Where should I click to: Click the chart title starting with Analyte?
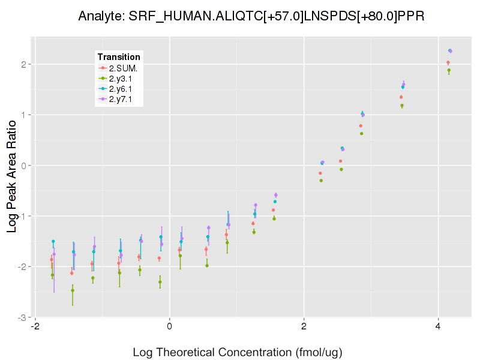(252, 16)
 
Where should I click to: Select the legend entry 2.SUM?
(123, 68)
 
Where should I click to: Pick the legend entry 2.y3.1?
(123, 78)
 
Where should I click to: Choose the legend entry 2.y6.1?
(123, 89)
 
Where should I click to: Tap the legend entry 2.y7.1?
(123, 99)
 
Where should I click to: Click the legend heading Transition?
(119, 57)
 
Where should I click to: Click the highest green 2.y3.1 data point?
(449, 70)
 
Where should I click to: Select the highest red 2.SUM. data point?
(448, 62)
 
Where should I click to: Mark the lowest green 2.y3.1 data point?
(73, 290)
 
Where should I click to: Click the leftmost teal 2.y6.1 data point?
(53, 241)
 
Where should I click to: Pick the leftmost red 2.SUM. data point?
(52, 260)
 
